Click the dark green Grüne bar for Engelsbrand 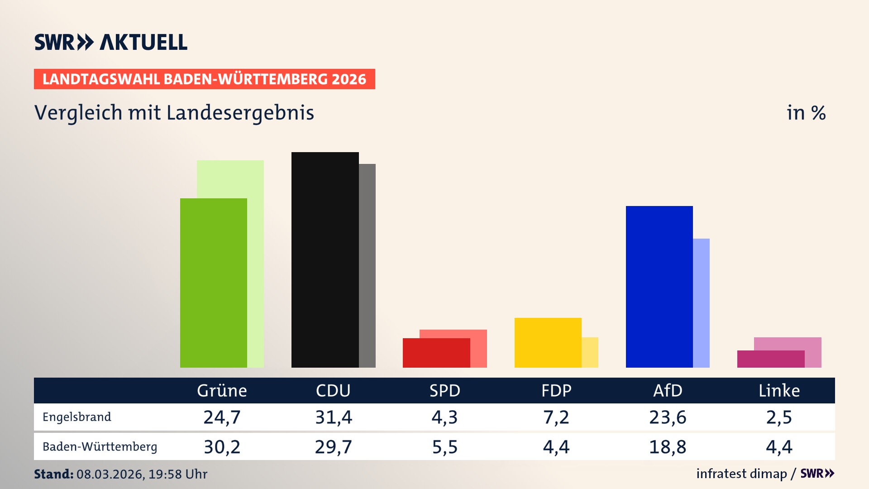(x=214, y=283)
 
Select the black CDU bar (x=325, y=260)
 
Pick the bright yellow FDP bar (x=548, y=343)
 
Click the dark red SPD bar (x=436, y=353)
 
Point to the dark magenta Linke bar (x=770, y=359)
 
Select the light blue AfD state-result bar (x=702, y=303)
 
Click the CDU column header (x=333, y=391)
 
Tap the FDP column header (x=556, y=391)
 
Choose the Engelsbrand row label (x=77, y=417)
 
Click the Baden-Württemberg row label (x=100, y=447)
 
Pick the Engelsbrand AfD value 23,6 (x=668, y=417)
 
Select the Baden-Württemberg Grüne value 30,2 (x=222, y=447)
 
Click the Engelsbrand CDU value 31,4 (x=334, y=417)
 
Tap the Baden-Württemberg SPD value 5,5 (x=445, y=447)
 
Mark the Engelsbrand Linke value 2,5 (x=779, y=417)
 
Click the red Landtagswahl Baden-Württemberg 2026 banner (x=204, y=79)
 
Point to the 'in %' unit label (x=806, y=113)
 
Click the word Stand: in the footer (x=53, y=474)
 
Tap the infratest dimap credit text (x=741, y=474)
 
